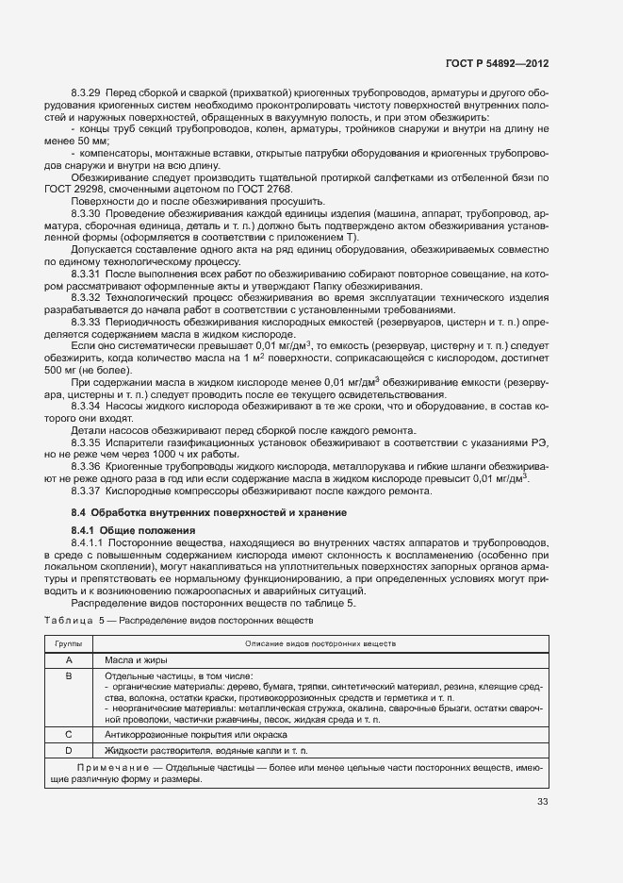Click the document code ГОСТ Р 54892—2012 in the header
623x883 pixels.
tap(498, 64)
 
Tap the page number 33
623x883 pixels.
tap(542, 802)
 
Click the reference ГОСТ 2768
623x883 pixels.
tap(270, 189)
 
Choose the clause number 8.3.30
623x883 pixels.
tap(87, 214)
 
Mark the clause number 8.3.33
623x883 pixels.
tap(87, 322)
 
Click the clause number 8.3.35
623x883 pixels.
tap(87, 441)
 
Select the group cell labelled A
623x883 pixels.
tap(68, 660)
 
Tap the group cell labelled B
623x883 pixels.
tap(68, 676)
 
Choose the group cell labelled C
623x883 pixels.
tap(68, 733)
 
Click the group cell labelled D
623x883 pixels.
tap(68, 750)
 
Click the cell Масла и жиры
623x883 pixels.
tap(136, 660)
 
